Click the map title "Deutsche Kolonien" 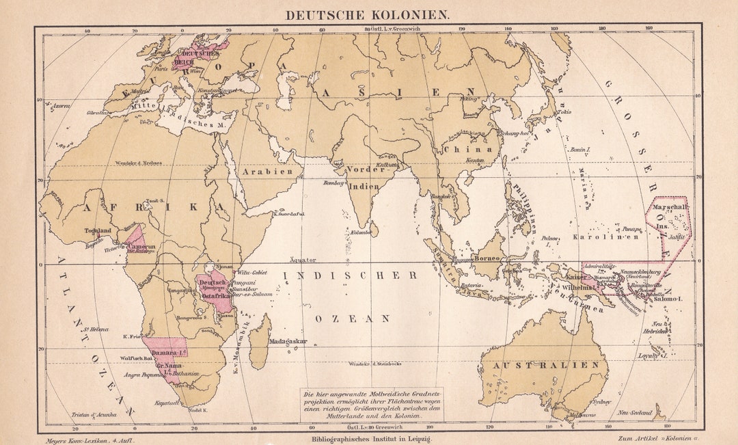367,14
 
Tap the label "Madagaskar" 288,341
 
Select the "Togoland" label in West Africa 98,231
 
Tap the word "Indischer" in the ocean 355,275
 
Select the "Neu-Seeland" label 633,413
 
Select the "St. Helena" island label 96,329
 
